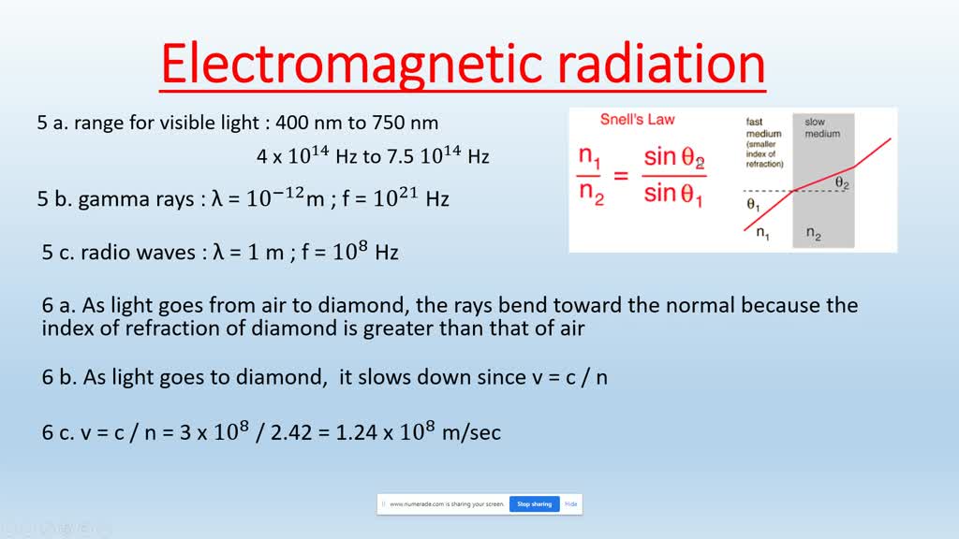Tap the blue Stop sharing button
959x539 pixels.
[534, 503]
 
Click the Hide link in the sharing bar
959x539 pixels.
[570, 503]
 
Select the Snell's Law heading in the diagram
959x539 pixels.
[637, 120]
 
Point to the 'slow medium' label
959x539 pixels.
[822, 128]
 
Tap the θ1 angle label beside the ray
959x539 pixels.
[753, 203]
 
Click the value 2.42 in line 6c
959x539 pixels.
[316, 432]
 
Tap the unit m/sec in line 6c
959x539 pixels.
[473, 432]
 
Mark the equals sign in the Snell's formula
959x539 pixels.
[621, 175]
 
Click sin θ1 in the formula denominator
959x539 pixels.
[673, 195]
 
